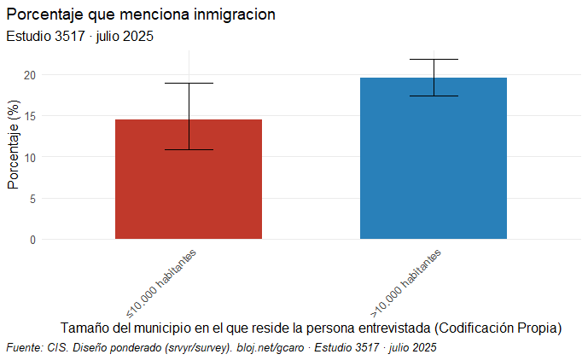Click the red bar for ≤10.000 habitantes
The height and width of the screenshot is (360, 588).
189,179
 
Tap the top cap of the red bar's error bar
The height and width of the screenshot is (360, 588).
189,83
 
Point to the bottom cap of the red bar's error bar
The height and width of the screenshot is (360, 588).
189,149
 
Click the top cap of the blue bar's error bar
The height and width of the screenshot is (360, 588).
434,59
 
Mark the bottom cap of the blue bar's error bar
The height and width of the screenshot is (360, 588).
434,96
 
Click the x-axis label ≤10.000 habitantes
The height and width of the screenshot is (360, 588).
162,282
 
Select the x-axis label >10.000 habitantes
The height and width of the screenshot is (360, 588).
406,282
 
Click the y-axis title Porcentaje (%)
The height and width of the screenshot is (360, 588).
13,145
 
